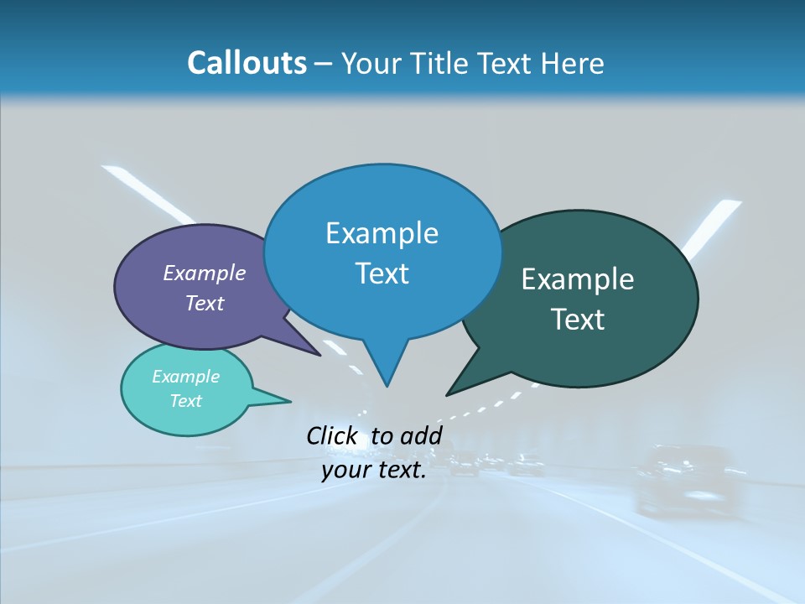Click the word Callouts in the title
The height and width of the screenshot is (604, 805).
pos(247,63)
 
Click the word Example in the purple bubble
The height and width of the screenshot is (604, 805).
pos(205,273)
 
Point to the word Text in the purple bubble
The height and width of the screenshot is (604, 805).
pos(205,303)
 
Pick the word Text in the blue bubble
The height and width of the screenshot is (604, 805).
pos(382,273)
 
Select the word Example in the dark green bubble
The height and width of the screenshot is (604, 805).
pos(578,279)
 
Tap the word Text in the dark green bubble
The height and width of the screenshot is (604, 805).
pos(578,319)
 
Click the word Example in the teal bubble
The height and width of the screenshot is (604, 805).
pos(186,377)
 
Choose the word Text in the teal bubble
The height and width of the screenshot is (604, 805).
pos(186,401)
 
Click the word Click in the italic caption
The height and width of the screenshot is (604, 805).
pos(331,435)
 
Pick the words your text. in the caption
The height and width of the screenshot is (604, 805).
pos(374,470)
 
